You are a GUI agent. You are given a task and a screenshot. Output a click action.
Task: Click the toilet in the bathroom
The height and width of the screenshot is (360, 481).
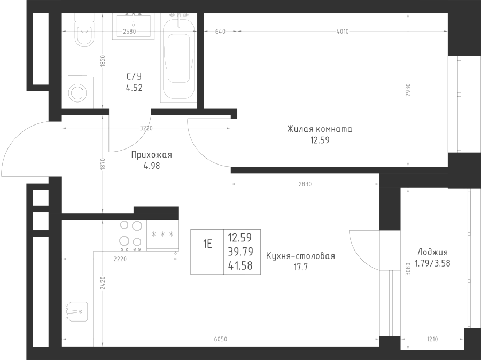[84, 30]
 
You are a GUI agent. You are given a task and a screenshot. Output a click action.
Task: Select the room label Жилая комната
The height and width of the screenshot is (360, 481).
[320, 129]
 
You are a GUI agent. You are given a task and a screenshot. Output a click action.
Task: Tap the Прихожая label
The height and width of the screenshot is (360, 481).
[152, 155]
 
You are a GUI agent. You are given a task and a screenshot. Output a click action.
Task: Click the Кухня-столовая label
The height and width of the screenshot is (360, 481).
[300, 256]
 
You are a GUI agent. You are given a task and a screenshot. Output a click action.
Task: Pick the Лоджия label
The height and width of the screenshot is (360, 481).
[432, 252]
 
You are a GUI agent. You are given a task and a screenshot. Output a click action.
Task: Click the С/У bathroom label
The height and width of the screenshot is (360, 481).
[134, 76]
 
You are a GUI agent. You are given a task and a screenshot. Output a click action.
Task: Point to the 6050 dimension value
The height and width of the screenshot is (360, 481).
[221, 339]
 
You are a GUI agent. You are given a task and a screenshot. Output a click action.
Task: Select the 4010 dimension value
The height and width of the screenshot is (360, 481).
[343, 32]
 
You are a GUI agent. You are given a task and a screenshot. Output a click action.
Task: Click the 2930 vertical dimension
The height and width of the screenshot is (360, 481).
[408, 90]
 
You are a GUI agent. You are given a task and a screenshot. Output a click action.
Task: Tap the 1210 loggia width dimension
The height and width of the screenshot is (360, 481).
[432, 339]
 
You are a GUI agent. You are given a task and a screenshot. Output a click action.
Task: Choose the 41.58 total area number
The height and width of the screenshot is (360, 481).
[240, 265]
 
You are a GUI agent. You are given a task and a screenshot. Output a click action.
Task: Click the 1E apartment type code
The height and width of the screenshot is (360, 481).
[207, 245]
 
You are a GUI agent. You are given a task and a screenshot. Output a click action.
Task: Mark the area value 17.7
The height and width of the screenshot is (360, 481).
[300, 267]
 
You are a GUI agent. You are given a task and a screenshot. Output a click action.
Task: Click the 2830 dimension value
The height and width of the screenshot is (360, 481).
[305, 184]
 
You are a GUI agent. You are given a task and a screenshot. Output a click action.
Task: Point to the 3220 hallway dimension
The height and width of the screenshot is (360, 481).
[146, 128]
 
